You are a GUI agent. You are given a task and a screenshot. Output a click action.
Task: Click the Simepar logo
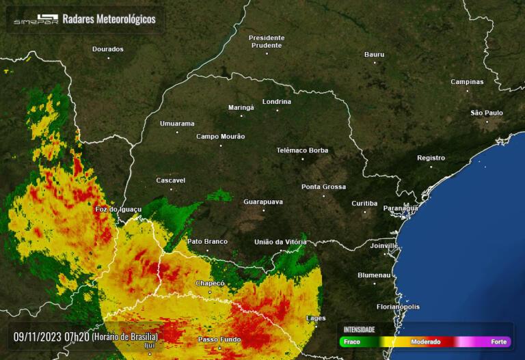(x=36, y=20)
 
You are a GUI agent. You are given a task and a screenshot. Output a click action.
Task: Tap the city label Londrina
(x=276, y=102)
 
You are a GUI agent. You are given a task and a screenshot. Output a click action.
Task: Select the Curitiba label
(x=364, y=204)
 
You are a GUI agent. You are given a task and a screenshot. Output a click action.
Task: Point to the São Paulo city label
(x=487, y=113)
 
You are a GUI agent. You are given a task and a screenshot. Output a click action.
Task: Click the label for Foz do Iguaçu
(x=118, y=209)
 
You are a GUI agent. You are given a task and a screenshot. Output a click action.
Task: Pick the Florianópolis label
(x=398, y=307)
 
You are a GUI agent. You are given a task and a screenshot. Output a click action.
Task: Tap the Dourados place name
(x=108, y=49)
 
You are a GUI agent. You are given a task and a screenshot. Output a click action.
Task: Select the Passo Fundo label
(x=219, y=340)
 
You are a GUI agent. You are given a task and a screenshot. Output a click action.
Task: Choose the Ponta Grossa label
(x=323, y=186)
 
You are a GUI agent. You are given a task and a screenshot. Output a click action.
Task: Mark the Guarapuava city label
(x=263, y=202)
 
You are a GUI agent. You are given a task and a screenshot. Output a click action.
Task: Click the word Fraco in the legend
(x=351, y=342)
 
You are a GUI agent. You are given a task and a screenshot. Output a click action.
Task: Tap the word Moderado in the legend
(x=425, y=342)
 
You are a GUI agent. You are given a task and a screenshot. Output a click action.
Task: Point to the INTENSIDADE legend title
(x=359, y=329)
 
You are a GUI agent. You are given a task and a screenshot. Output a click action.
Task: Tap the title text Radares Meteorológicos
(x=109, y=19)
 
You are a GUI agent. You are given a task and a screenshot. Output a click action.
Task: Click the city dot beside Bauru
(x=375, y=62)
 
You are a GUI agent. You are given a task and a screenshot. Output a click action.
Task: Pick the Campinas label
(x=467, y=82)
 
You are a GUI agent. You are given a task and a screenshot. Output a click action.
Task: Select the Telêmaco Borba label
(x=302, y=150)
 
